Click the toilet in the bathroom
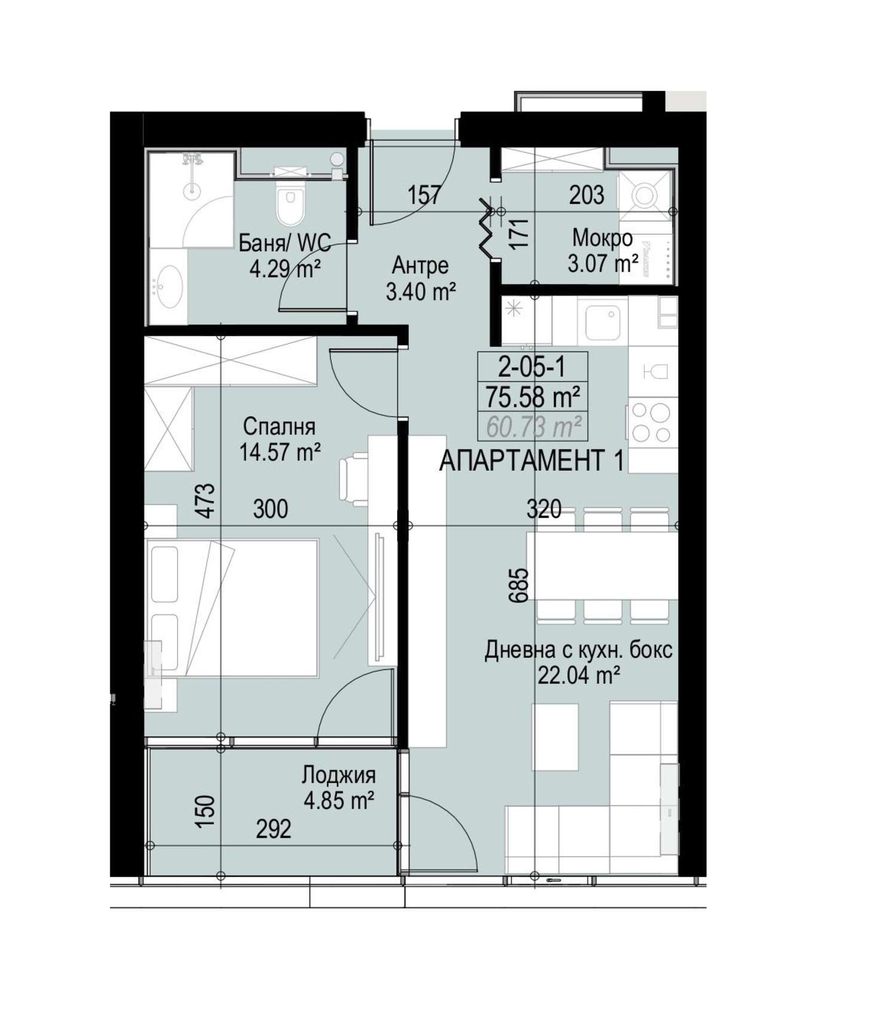(290, 201)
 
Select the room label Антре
(421, 265)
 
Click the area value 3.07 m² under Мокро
(603, 263)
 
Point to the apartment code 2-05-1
(532, 367)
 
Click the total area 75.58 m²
(533, 396)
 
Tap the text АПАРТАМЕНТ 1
(532, 460)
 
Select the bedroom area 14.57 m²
(280, 452)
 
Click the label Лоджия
(339, 775)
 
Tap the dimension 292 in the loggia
(274, 828)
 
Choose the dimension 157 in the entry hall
(424, 195)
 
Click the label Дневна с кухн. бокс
(578, 650)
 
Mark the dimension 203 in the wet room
(587, 195)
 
